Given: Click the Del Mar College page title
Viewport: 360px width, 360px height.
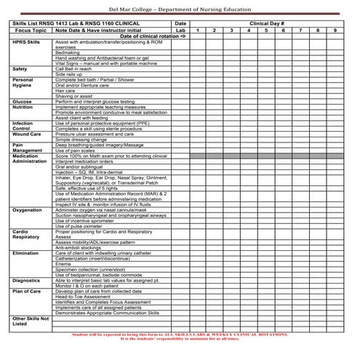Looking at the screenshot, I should click(180, 7).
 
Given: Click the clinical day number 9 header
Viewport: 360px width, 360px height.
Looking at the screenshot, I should click(335, 30).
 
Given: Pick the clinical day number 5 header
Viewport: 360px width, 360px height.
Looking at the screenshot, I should click(266, 30).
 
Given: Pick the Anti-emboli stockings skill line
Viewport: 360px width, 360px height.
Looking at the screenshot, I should click(78, 247).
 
